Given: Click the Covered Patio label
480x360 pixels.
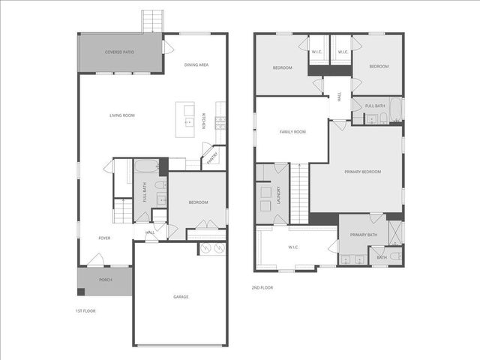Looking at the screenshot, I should click(x=119, y=52).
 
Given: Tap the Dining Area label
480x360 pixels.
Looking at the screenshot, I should click(x=196, y=65).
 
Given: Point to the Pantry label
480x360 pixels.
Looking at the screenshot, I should click(x=212, y=157).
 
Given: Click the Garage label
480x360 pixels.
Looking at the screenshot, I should click(x=181, y=297).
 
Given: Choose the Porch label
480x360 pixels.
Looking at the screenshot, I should click(x=106, y=280).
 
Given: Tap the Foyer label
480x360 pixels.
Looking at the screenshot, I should click(x=104, y=238).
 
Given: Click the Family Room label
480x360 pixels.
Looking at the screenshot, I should click(x=292, y=132).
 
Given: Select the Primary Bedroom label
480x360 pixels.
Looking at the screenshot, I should click(x=362, y=172).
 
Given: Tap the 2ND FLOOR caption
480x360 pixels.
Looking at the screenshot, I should click(x=262, y=287).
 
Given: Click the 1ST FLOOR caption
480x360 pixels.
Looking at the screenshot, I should click(x=85, y=310).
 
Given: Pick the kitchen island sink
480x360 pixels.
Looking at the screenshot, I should click(x=189, y=121).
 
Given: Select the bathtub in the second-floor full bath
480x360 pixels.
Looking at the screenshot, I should click(x=395, y=110).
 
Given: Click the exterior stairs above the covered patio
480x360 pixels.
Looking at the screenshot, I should click(x=153, y=20).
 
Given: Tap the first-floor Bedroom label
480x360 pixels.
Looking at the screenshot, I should click(x=197, y=202).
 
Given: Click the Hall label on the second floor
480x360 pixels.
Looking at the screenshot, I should click(x=340, y=97).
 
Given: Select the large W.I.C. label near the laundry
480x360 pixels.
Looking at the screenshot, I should click(x=294, y=247).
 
